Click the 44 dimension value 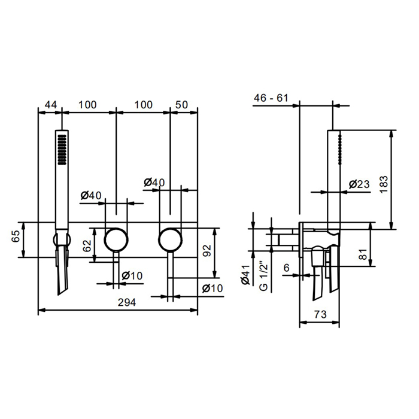tap(51, 105)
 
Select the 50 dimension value tap(182, 105)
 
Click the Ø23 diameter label tap(359, 184)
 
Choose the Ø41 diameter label tap(245, 278)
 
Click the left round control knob tap(116, 240)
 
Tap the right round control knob tap(171, 240)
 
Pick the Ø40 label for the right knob tap(154, 182)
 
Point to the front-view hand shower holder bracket tap(61, 241)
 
